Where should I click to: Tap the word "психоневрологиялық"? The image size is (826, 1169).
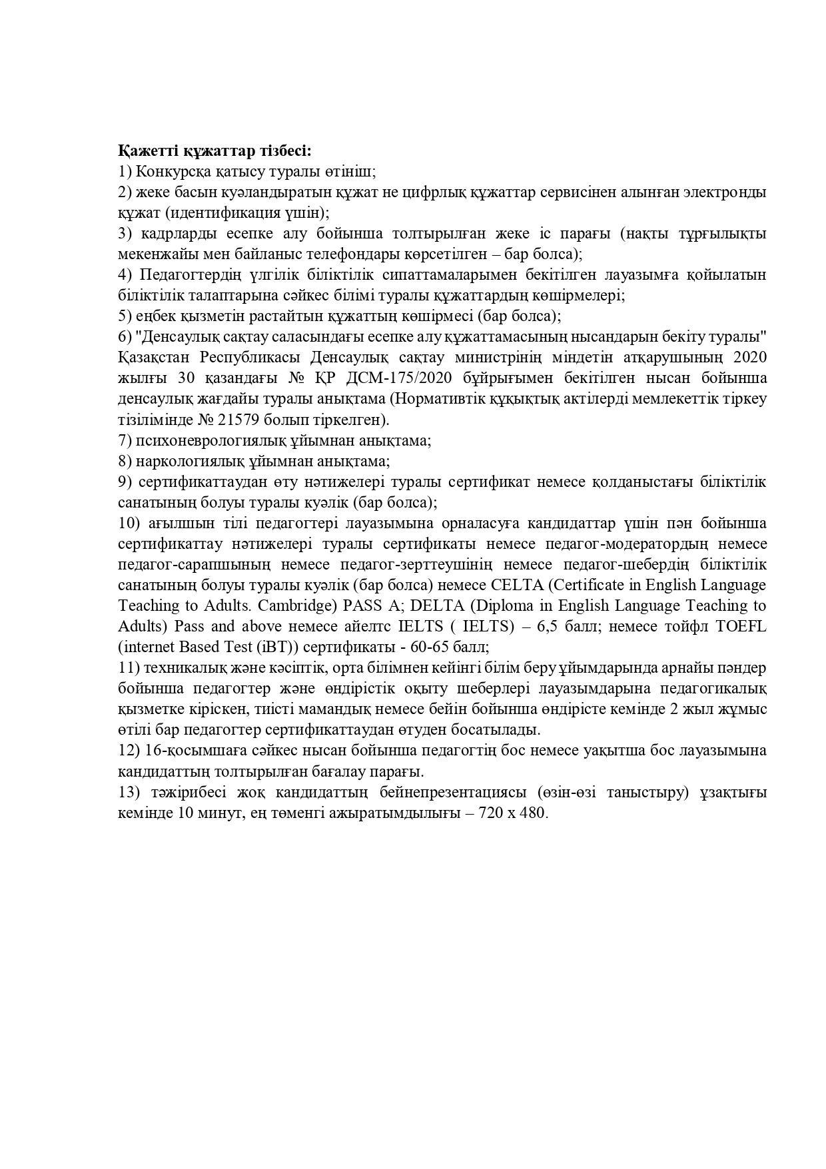(211, 441)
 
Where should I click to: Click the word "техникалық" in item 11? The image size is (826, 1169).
(174, 668)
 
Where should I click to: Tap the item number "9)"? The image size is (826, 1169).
(126, 482)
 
